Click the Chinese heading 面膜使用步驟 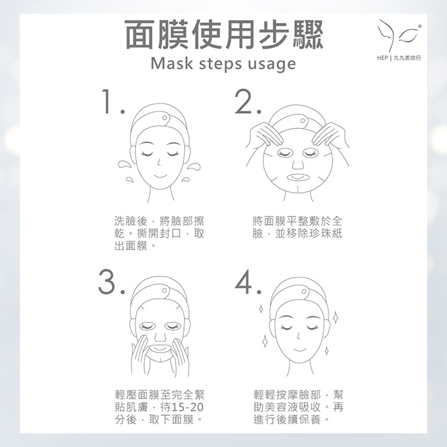224,34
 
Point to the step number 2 248,102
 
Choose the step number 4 248,282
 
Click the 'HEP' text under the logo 383,58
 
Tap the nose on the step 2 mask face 298,164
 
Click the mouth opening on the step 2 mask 298,177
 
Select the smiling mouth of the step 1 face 159,175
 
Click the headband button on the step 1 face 165,117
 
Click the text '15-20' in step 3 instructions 188,407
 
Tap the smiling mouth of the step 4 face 298,349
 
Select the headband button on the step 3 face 165,290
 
